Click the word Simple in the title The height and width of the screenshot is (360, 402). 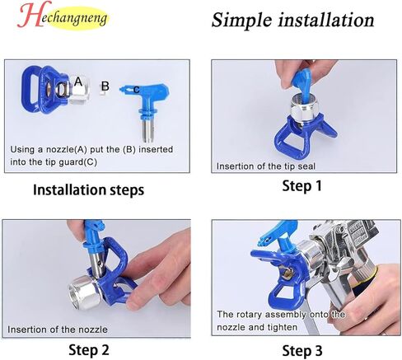[x=241, y=21]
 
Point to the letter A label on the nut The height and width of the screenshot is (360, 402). [x=78, y=82]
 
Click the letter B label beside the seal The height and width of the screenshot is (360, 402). [x=105, y=86]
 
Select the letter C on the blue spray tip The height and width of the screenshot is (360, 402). [x=137, y=90]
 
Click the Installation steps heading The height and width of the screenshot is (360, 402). [x=88, y=189]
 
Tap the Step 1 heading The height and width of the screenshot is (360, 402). [x=301, y=185]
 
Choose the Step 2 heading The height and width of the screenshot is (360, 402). [x=89, y=350]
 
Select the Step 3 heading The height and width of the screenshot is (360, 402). [x=302, y=351]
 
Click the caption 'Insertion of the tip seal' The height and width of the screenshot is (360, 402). [x=266, y=166]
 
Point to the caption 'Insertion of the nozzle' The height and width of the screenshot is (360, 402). [x=58, y=330]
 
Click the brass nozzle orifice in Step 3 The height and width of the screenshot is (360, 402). [x=287, y=274]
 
